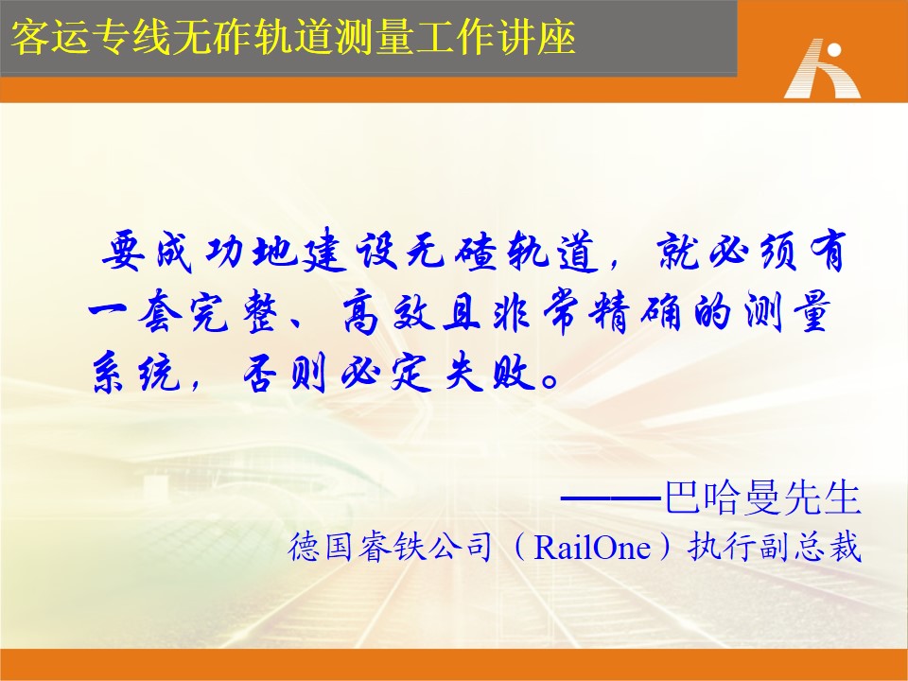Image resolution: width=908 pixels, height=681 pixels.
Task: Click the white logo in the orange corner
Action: click(822, 68)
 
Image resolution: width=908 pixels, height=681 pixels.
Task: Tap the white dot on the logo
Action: click(834, 50)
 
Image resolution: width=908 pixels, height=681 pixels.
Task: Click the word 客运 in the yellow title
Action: click(51, 38)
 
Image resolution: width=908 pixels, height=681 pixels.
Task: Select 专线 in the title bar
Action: click(131, 38)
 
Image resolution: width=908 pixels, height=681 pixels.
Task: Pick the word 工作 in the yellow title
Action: click(456, 38)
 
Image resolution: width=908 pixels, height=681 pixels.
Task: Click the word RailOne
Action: click(592, 547)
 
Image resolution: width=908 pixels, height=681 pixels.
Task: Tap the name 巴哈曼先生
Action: click(762, 497)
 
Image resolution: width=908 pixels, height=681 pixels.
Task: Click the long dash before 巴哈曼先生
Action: click(612, 498)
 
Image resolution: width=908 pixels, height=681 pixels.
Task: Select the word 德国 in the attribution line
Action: click(321, 547)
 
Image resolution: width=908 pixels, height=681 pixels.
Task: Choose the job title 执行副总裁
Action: click(775, 547)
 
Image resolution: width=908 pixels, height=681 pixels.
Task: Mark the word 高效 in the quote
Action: click(388, 313)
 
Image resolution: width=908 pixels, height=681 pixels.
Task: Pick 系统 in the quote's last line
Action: click(136, 373)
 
